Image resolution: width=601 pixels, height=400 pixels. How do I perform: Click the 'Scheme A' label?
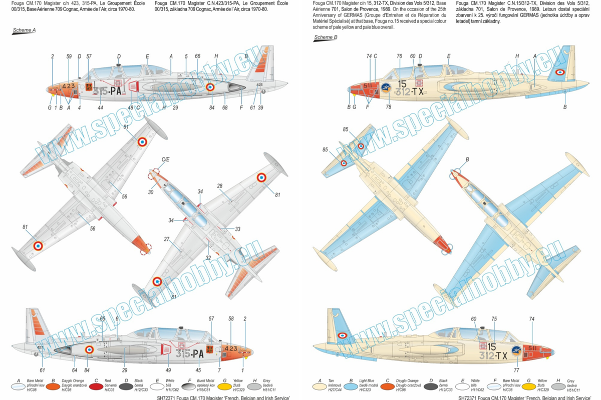(x=24, y=30)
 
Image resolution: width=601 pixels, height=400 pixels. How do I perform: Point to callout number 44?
(x=101, y=108)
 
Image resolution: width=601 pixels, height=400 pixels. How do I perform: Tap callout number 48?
(x=130, y=108)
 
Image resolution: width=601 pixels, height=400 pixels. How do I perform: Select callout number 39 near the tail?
(x=260, y=108)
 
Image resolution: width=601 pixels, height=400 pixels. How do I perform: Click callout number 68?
(x=225, y=108)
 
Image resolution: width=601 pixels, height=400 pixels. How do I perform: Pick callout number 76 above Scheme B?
(x=399, y=56)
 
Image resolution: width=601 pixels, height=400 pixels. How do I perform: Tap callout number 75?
(x=494, y=319)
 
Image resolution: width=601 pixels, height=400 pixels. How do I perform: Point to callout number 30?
(x=151, y=192)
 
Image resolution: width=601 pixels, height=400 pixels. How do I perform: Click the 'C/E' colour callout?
(x=165, y=159)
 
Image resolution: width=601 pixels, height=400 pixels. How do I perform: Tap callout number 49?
(x=168, y=370)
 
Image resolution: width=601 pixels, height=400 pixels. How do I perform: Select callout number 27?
(x=166, y=239)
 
